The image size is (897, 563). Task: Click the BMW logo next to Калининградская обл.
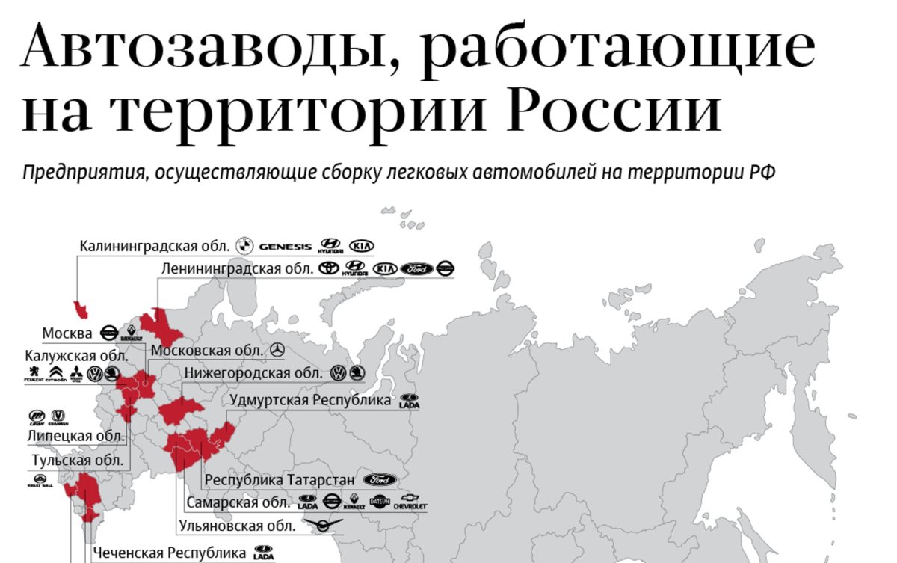tap(242, 245)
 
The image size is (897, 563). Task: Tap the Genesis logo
tap(285, 246)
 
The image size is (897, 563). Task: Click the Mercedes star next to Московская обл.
tap(277, 350)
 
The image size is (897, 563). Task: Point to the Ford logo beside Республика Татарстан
tap(380, 479)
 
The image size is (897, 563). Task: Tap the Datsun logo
tap(380, 502)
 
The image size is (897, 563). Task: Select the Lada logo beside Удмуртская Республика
tap(409, 401)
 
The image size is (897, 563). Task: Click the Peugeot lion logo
tap(34, 374)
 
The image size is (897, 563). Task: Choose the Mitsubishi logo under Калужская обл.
tap(75, 374)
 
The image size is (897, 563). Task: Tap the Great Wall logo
tap(38, 482)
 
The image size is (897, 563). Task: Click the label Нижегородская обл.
tap(253, 372)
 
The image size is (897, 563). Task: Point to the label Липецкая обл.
tap(75, 435)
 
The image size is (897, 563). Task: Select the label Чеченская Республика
tap(169, 553)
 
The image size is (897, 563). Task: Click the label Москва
tap(67, 333)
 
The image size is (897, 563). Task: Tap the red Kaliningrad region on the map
tap(79, 309)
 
